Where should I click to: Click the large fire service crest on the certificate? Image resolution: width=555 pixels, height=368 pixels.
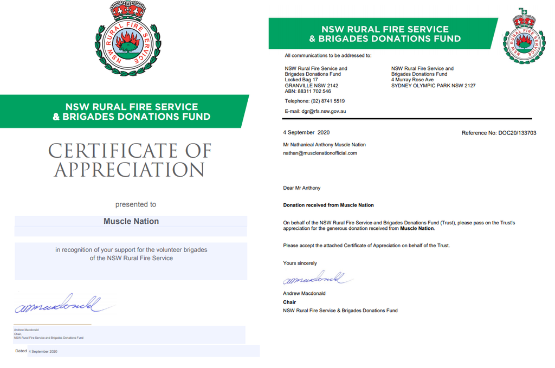(x=128, y=40)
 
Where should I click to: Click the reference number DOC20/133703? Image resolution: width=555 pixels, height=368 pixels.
(x=499, y=133)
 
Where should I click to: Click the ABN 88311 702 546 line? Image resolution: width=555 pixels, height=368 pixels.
(x=308, y=92)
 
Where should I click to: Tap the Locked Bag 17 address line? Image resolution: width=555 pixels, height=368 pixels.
(x=301, y=80)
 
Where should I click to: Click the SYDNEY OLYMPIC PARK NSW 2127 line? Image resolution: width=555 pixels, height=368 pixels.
(x=433, y=86)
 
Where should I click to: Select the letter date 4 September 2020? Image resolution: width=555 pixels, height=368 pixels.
(x=306, y=133)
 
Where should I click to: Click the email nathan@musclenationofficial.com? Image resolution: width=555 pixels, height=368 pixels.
(x=320, y=153)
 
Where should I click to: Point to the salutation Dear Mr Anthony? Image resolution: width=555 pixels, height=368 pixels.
(x=302, y=188)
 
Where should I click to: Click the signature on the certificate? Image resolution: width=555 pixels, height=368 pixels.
(x=62, y=305)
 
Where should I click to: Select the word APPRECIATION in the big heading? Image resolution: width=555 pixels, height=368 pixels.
(x=130, y=170)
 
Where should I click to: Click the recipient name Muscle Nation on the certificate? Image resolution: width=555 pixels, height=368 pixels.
(x=131, y=221)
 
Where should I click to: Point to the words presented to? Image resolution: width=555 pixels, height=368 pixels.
(x=135, y=204)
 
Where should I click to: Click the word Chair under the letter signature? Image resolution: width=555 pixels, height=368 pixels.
(x=289, y=302)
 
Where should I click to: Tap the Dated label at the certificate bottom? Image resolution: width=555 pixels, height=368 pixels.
(x=21, y=351)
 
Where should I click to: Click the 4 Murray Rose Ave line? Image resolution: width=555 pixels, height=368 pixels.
(x=412, y=80)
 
